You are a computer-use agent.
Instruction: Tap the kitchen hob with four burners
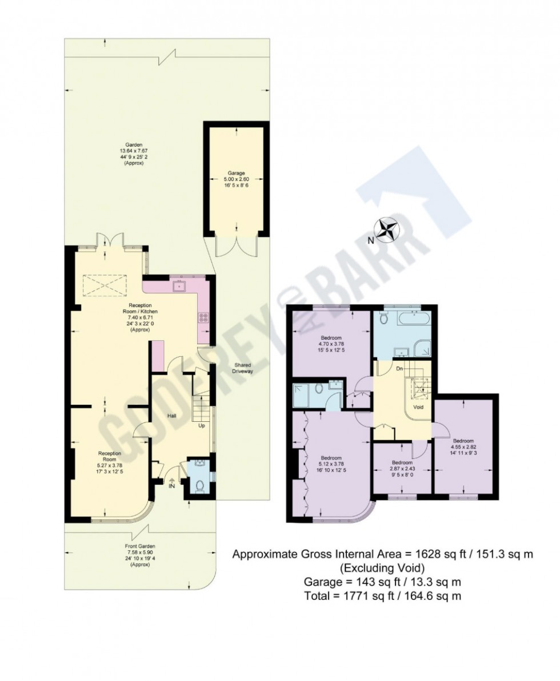tap(203, 317)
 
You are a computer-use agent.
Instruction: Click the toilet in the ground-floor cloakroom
tap(199, 486)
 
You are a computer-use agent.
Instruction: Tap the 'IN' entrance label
tap(171, 486)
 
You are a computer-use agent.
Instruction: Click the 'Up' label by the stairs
tap(201, 426)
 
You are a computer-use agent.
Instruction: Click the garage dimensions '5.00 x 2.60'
tap(237, 178)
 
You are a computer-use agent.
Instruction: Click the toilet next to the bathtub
tap(383, 320)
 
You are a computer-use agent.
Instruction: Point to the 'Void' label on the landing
tap(418, 408)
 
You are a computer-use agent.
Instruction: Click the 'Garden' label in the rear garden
tap(134, 145)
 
